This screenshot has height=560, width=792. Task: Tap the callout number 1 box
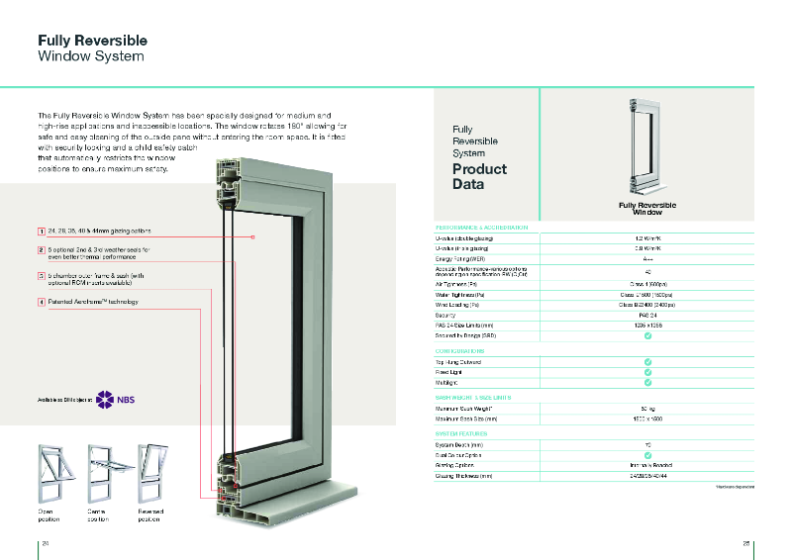tap(42, 231)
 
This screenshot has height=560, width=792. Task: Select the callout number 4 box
tap(42, 301)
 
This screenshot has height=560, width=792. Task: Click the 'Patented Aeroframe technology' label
tap(93, 301)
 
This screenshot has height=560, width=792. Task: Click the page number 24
tap(45, 543)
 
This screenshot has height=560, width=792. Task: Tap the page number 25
tap(746, 543)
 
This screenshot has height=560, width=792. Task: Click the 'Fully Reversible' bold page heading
tap(92, 41)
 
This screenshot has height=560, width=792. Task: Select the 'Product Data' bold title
tap(479, 176)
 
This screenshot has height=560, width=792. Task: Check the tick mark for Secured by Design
tap(647, 335)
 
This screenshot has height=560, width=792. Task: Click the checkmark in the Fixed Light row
tap(647, 372)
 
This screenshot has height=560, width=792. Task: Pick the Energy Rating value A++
tap(647, 257)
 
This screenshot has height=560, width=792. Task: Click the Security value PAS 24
tap(647, 315)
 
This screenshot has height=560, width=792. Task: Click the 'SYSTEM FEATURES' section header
tap(462, 433)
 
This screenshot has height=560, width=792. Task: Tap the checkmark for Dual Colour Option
tap(647, 455)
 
